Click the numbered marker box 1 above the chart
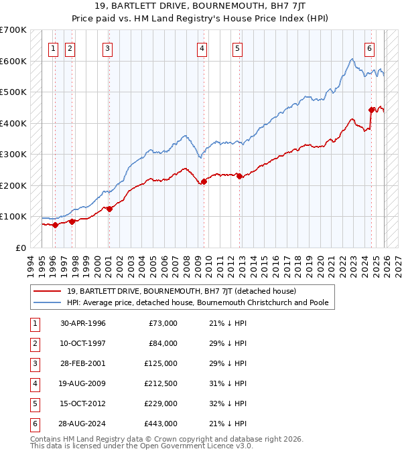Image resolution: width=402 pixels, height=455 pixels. [x=52, y=48]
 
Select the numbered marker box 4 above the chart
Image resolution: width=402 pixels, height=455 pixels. [x=202, y=48]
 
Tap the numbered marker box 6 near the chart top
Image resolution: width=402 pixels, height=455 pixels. [x=370, y=48]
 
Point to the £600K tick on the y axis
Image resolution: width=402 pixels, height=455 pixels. [x=13, y=61]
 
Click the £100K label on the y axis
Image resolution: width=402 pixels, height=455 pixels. [x=13, y=216]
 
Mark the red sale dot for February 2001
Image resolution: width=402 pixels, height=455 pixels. [x=109, y=209]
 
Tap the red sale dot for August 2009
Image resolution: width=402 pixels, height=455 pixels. [x=204, y=181]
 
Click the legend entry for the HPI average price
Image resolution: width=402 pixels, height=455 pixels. [x=198, y=302]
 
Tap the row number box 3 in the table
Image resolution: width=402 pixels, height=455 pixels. [x=33, y=363]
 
